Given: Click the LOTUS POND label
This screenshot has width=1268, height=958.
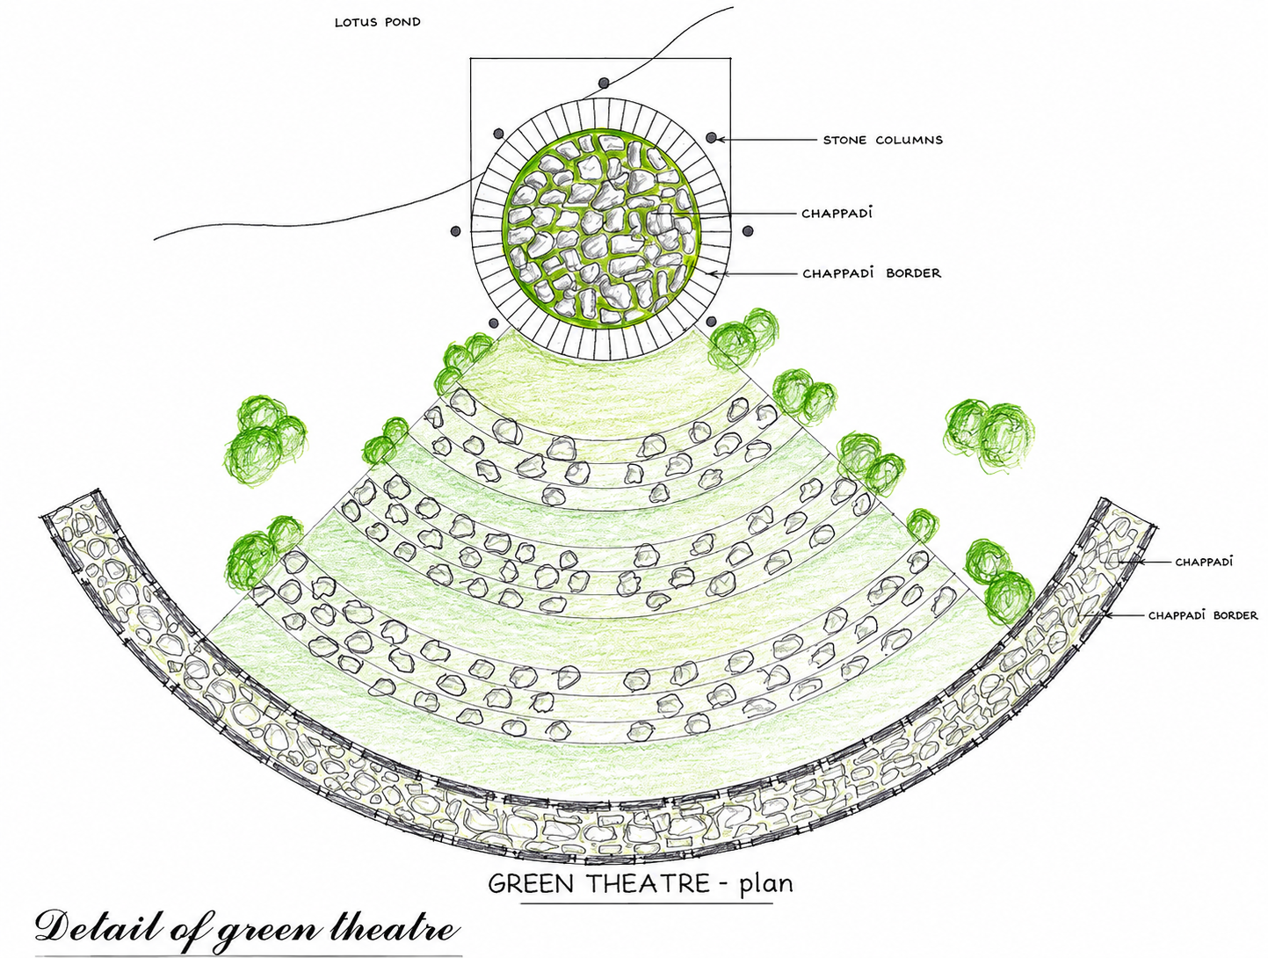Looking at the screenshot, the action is pyautogui.click(x=378, y=23).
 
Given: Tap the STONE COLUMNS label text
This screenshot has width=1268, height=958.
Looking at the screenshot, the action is pyautogui.click(x=883, y=140).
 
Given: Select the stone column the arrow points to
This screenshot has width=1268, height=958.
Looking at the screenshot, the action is pyautogui.click(x=712, y=137).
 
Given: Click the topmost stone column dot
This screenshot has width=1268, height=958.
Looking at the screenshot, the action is pyautogui.click(x=604, y=83).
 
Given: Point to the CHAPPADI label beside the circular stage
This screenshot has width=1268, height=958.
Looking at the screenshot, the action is pyautogui.click(x=837, y=213).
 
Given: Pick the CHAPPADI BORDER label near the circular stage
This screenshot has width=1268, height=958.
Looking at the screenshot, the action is pyautogui.click(x=872, y=272).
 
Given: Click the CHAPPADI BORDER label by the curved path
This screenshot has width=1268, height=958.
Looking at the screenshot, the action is pyautogui.click(x=1203, y=615).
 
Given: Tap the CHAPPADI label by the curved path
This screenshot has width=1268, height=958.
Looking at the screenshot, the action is pyautogui.click(x=1204, y=561).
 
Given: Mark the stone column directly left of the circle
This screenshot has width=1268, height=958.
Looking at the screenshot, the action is pyautogui.click(x=456, y=231).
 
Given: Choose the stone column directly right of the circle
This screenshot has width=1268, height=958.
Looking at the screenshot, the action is pyautogui.click(x=748, y=231).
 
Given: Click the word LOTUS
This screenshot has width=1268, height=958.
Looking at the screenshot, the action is pyautogui.click(x=356, y=23).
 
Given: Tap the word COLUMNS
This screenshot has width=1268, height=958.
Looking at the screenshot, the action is pyautogui.click(x=909, y=140).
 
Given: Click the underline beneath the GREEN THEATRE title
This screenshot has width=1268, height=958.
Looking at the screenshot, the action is pyautogui.click(x=647, y=904).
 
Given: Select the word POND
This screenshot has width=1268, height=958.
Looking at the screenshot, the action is pyautogui.click(x=402, y=23).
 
